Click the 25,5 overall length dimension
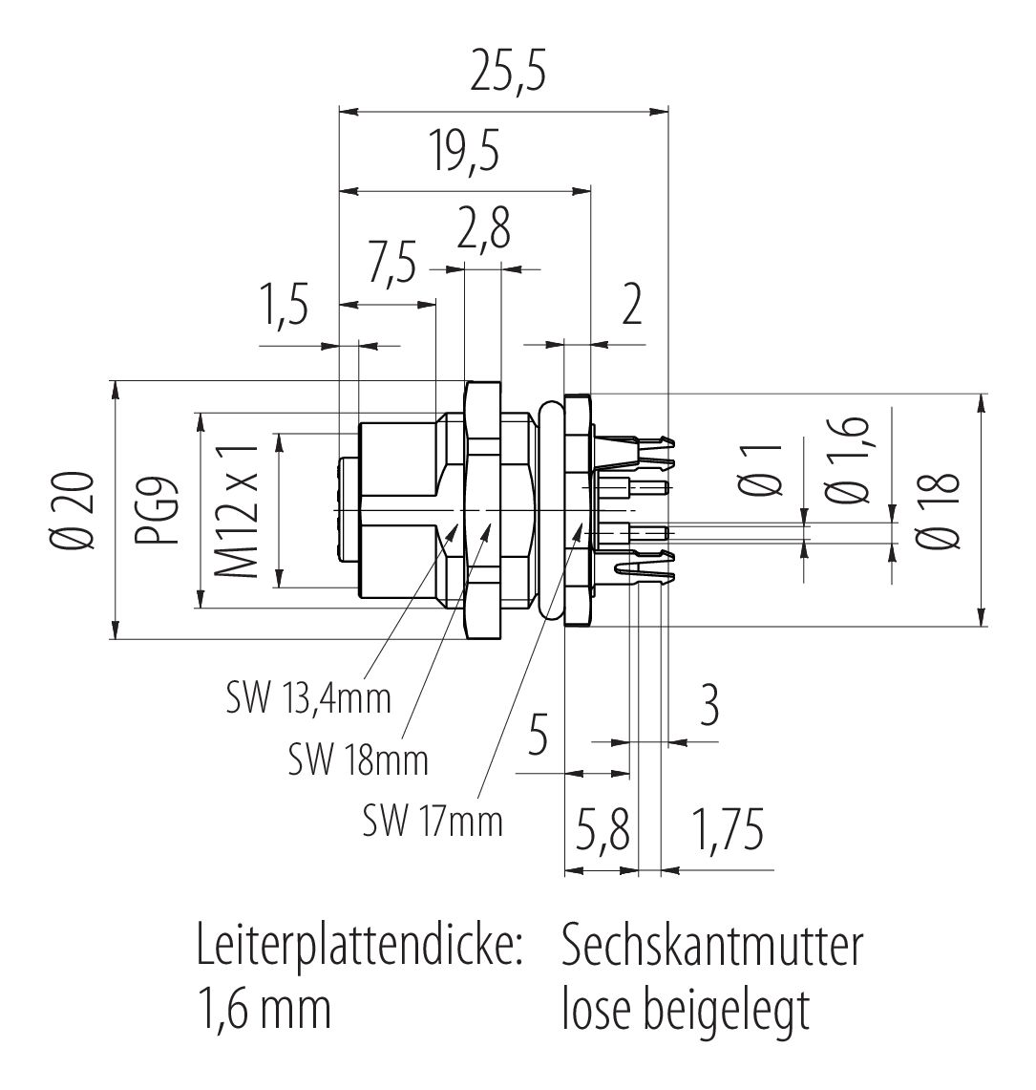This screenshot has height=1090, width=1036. coord(503,75)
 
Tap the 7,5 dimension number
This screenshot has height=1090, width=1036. coord(392,263)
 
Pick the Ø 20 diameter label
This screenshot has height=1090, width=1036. coord(79,510)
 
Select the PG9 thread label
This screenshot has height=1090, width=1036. coord(171,510)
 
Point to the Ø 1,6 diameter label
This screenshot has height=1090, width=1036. coord(853,461)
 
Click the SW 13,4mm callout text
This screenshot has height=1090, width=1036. coord(308,698)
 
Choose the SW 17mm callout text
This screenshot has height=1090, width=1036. coord(433,820)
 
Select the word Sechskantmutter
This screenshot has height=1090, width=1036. coord(712,946)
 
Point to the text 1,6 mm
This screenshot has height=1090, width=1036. coord(263,1011)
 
